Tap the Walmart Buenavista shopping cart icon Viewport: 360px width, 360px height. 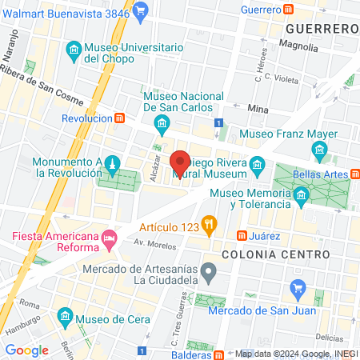pos(141,10)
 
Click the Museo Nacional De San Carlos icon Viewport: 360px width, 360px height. pos(162,122)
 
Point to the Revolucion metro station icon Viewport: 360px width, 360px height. pos(119,118)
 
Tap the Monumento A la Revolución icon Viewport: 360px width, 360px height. pos(113,163)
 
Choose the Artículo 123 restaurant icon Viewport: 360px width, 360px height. pos(210,224)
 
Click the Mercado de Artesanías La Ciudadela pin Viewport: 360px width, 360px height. pos(209,273)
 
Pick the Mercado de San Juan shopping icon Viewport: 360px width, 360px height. pos(298,289)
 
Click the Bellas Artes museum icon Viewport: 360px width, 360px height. pos(320,150)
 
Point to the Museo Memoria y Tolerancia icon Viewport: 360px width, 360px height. pos(300,194)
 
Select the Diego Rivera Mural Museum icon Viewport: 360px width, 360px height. pos(258,166)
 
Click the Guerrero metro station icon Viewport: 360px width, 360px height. pos(289,9)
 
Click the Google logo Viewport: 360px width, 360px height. pos(26,350)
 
